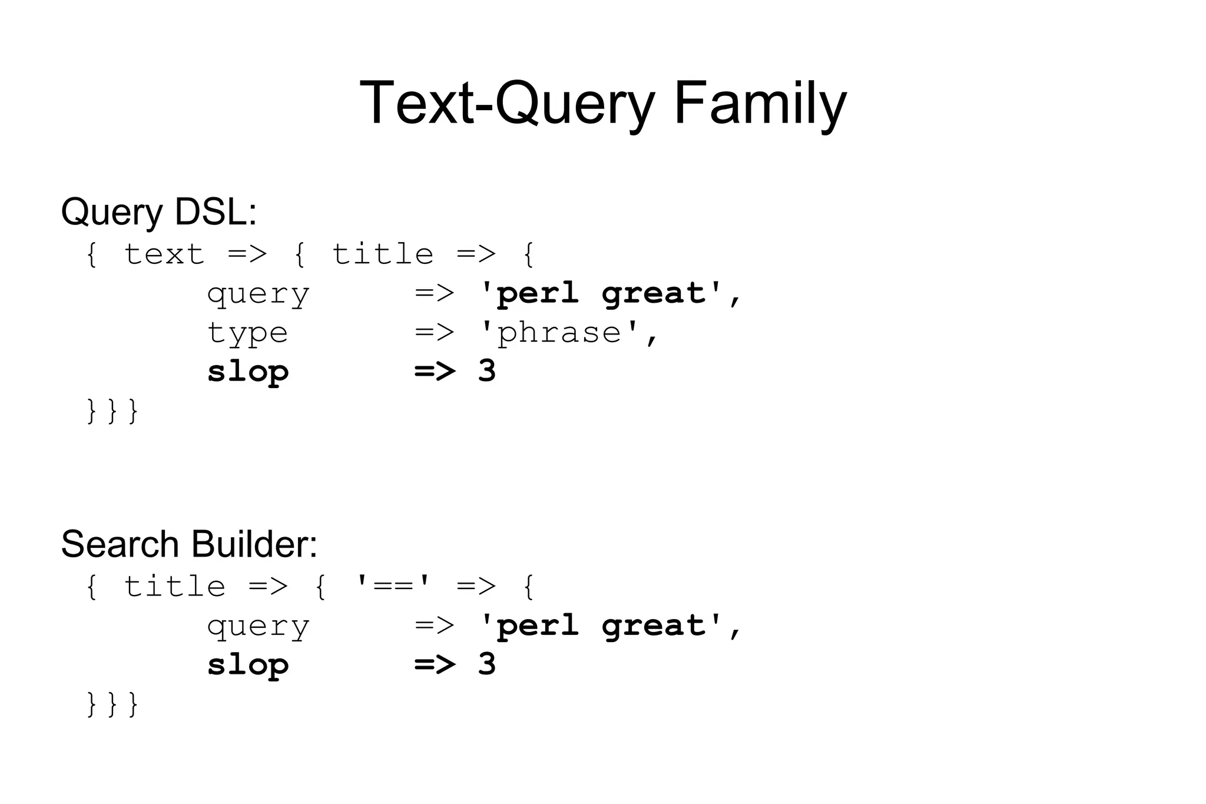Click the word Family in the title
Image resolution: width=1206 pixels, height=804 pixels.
coord(760,104)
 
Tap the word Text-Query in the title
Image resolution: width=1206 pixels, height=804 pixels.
coord(507,104)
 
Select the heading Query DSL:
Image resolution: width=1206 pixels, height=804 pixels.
coord(159,212)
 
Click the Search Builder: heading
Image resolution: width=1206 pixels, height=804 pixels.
coord(189,544)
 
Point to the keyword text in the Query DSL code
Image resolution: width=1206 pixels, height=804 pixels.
coord(164,254)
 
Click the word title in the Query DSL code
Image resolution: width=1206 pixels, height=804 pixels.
coord(383,254)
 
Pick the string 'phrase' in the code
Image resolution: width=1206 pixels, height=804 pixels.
coord(559,333)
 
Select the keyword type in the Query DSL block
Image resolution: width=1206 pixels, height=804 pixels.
coord(247,334)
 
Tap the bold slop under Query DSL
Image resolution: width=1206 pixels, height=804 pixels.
coord(248,372)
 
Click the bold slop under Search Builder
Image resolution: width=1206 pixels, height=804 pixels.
coord(248,665)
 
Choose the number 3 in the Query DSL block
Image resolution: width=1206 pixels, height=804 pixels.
coord(487,371)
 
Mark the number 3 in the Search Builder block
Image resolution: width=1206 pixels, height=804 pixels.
coord(487,664)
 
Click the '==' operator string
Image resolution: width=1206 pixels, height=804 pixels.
coord(393,586)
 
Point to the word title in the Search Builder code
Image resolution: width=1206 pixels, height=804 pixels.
coord(174,587)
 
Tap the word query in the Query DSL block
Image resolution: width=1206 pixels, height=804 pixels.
coord(258,295)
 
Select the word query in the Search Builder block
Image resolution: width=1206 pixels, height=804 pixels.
coord(258,627)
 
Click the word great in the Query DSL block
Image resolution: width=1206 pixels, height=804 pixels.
coord(654,295)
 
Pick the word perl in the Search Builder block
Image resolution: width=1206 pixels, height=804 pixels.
coord(537,626)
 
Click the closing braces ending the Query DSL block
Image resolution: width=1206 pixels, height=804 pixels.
coord(112,411)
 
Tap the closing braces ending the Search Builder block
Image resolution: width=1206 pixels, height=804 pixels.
coord(112,704)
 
